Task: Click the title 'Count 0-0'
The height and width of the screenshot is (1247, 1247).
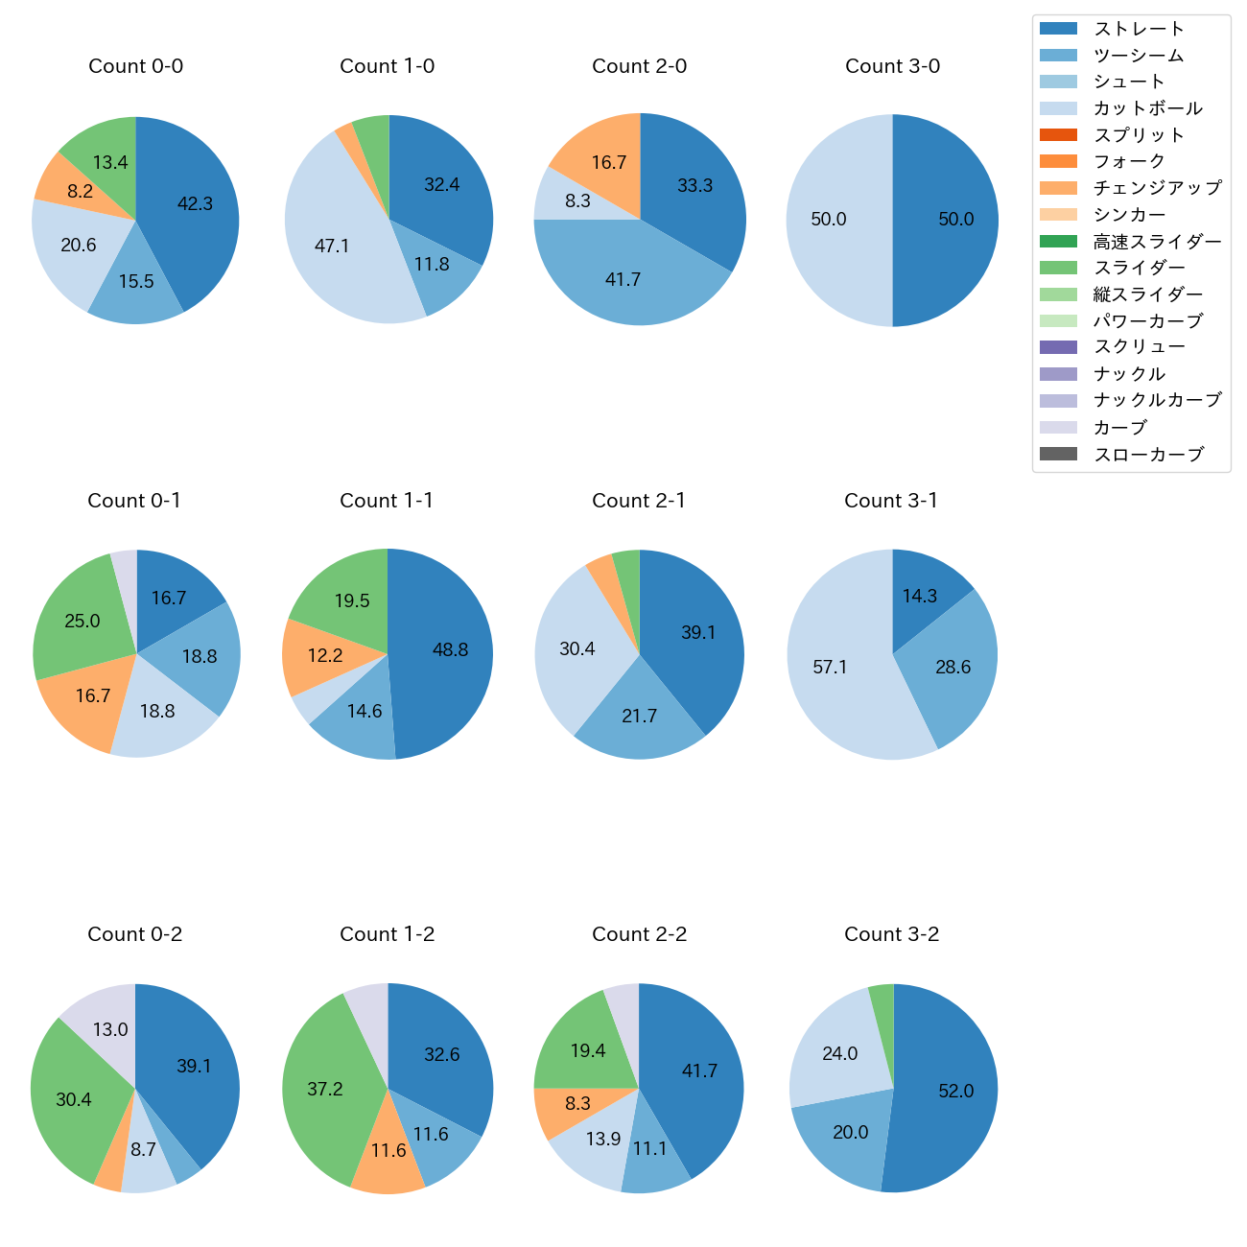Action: (135, 66)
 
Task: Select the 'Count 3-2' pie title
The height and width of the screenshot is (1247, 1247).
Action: (891, 934)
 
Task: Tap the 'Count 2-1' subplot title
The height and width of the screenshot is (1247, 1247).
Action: (639, 501)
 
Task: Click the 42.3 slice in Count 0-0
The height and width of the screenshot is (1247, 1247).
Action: (195, 203)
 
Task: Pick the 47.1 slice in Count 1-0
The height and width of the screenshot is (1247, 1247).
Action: (332, 246)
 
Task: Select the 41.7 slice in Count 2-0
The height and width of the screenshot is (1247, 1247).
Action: (623, 279)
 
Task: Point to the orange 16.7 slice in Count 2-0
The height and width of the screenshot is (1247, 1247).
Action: (608, 162)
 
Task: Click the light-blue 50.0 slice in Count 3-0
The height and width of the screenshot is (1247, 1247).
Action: (829, 219)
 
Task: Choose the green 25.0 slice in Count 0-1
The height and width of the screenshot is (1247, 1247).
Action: (82, 621)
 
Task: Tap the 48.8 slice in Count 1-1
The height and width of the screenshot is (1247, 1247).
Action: (450, 649)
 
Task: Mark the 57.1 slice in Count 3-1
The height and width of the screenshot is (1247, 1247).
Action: (831, 667)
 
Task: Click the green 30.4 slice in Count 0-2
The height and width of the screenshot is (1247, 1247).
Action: (74, 1099)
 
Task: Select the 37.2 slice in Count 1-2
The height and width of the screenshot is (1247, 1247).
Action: (325, 1089)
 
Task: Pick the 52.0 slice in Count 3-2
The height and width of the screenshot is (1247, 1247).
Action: (955, 1091)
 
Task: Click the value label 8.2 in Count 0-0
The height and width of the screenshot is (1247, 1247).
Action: (80, 191)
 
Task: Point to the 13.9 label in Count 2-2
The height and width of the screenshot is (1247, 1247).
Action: (603, 1139)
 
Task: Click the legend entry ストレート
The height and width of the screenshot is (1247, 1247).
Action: (1139, 29)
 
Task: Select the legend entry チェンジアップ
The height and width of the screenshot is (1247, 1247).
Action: (1157, 188)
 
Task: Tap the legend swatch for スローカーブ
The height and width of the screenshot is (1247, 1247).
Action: (1059, 454)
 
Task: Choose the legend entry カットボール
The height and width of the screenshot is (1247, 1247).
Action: (1147, 108)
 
